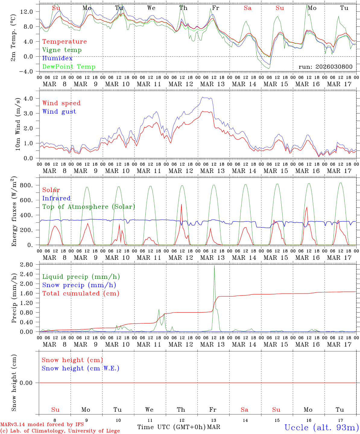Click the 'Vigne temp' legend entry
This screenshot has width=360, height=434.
[x=62, y=50]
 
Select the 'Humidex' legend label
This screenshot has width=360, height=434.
[x=57, y=58]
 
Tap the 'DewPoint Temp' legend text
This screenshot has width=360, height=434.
[x=69, y=67]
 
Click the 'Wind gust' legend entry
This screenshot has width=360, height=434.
[x=59, y=112]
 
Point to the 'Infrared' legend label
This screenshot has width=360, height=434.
[x=56, y=198]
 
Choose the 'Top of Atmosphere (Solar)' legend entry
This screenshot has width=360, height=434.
[x=88, y=207]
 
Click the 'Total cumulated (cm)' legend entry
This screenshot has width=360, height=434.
[x=81, y=294]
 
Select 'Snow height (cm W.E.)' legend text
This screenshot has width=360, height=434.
[x=80, y=368]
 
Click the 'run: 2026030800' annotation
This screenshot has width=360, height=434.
[x=325, y=67]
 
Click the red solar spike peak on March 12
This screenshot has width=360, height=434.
[x=181, y=205]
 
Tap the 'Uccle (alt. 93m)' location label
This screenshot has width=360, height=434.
[x=321, y=427]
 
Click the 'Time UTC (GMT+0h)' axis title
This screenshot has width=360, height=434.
[x=171, y=427]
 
